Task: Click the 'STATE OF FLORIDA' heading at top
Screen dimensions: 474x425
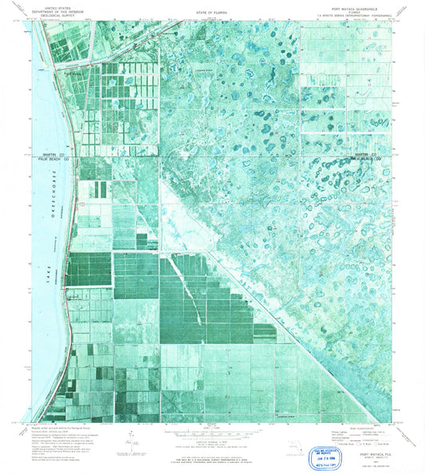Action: pyautogui.click(x=212, y=14)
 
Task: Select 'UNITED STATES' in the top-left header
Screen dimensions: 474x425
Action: pyautogui.click(x=65, y=6)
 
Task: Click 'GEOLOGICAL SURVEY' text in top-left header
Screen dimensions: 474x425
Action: pyautogui.click(x=65, y=14)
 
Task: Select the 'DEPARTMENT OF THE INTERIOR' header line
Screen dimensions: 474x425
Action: pyautogui.click(x=65, y=10)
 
